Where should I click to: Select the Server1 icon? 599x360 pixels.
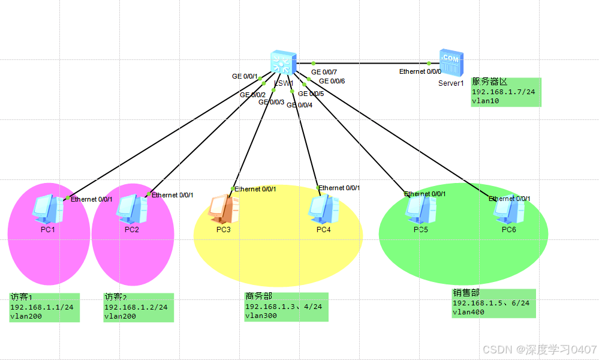coord(451,63)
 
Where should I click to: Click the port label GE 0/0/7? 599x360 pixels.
coord(324,73)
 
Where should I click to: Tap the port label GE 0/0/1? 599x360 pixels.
coord(245,77)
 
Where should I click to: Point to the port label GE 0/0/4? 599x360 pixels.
coord(299,106)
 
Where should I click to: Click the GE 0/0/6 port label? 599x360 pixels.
coord(332,81)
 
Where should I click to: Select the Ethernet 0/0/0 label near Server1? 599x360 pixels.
coord(420,72)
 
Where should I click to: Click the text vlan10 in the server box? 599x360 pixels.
coord(485,101)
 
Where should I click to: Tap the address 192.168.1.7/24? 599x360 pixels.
coord(503,92)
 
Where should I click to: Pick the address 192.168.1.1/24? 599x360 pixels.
coord(41,307)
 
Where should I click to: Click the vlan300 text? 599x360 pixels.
coord(258,316)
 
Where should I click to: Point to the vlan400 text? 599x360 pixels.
coord(468,312)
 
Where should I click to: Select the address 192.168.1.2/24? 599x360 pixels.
coord(136,307)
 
